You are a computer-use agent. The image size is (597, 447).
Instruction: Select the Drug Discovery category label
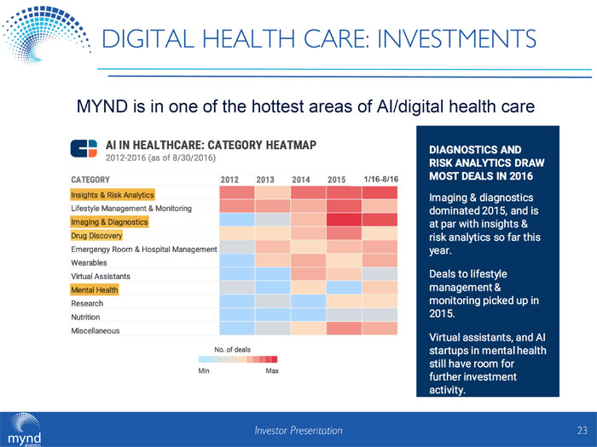click(97, 236)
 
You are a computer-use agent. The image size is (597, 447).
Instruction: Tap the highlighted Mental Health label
click(95, 290)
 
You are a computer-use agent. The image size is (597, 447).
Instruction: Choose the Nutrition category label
click(88, 318)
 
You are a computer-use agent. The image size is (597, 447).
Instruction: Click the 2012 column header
click(229, 180)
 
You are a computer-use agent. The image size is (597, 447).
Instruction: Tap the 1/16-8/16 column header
click(380, 180)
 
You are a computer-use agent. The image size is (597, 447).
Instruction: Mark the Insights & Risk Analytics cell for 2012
click(236, 193)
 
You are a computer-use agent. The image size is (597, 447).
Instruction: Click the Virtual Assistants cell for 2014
click(308, 275)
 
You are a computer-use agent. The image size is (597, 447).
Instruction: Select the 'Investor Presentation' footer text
click(298, 431)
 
